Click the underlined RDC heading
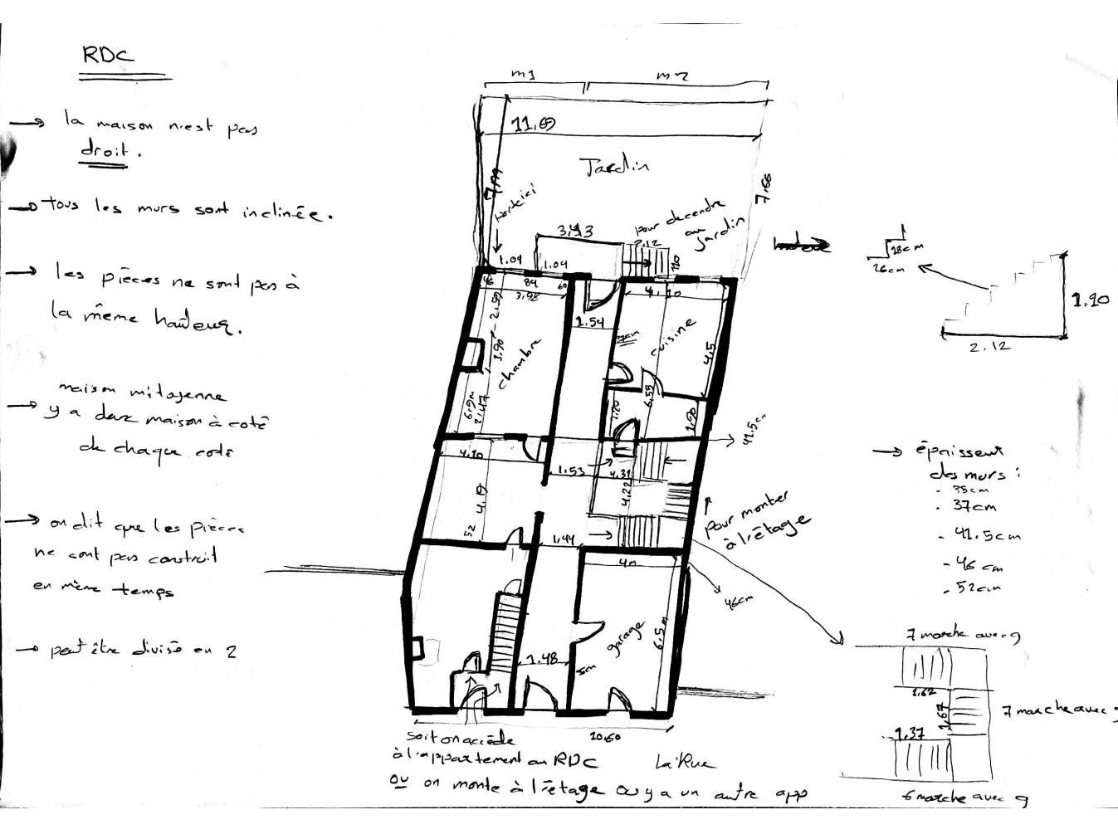click(x=108, y=56)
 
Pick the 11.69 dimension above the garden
click(x=534, y=125)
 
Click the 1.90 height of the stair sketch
click(x=1090, y=301)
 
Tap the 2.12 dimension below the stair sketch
click(x=989, y=347)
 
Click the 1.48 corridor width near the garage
click(x=541, y=659)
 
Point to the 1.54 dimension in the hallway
click(x=588, y=322)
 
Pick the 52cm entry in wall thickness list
click(x=974, y=589)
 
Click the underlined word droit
click(x=105, y=150)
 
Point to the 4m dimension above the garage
click(x=628, y=562)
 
